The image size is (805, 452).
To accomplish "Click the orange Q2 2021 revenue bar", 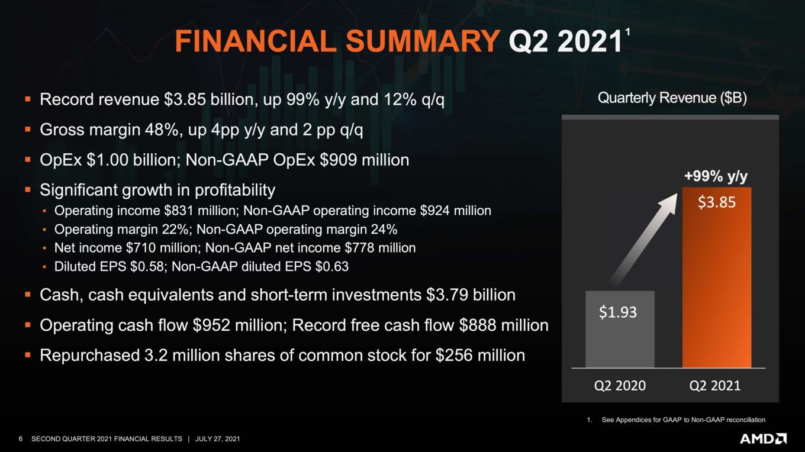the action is [x=717, y=277].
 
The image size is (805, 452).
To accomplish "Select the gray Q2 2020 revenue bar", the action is [x=620, y=330].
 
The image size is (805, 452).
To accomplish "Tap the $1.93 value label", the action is [x=618, y=312].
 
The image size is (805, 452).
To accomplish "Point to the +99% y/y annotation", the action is [x=716, y=176].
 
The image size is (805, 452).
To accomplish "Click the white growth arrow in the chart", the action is [x=643, y=239].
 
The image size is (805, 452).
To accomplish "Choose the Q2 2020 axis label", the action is [x=620, y=386].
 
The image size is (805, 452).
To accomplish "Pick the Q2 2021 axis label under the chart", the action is [x=715, y=386].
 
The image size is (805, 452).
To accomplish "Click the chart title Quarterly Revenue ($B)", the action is [x=672, y=98].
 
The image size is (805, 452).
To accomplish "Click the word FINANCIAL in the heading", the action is [x=256, y=41].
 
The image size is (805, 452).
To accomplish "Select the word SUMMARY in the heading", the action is [x=423, y=41].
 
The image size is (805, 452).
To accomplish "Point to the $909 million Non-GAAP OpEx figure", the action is [x=365, y=160].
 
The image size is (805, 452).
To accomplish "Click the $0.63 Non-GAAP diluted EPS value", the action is [x=331, y=267].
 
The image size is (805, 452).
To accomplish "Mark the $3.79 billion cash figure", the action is [x=471, y=295].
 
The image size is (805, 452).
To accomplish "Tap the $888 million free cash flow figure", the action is [x=504, y=325].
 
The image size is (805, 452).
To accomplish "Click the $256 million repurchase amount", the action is [x=480, y=356].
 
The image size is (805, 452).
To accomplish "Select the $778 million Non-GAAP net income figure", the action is [x=380, y=248].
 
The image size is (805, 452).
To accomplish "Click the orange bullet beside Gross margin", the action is [x=28, y=129].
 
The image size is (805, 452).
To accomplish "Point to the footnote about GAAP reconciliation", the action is [x=676, y=419].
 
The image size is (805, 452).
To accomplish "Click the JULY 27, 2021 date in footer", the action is [x=217, y=439].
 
